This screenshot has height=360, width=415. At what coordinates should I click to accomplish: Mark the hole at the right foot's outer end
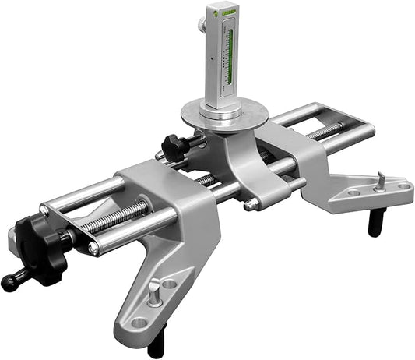tap(402, 185)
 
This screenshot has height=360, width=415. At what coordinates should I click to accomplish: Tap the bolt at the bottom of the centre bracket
tap(251, 206)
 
